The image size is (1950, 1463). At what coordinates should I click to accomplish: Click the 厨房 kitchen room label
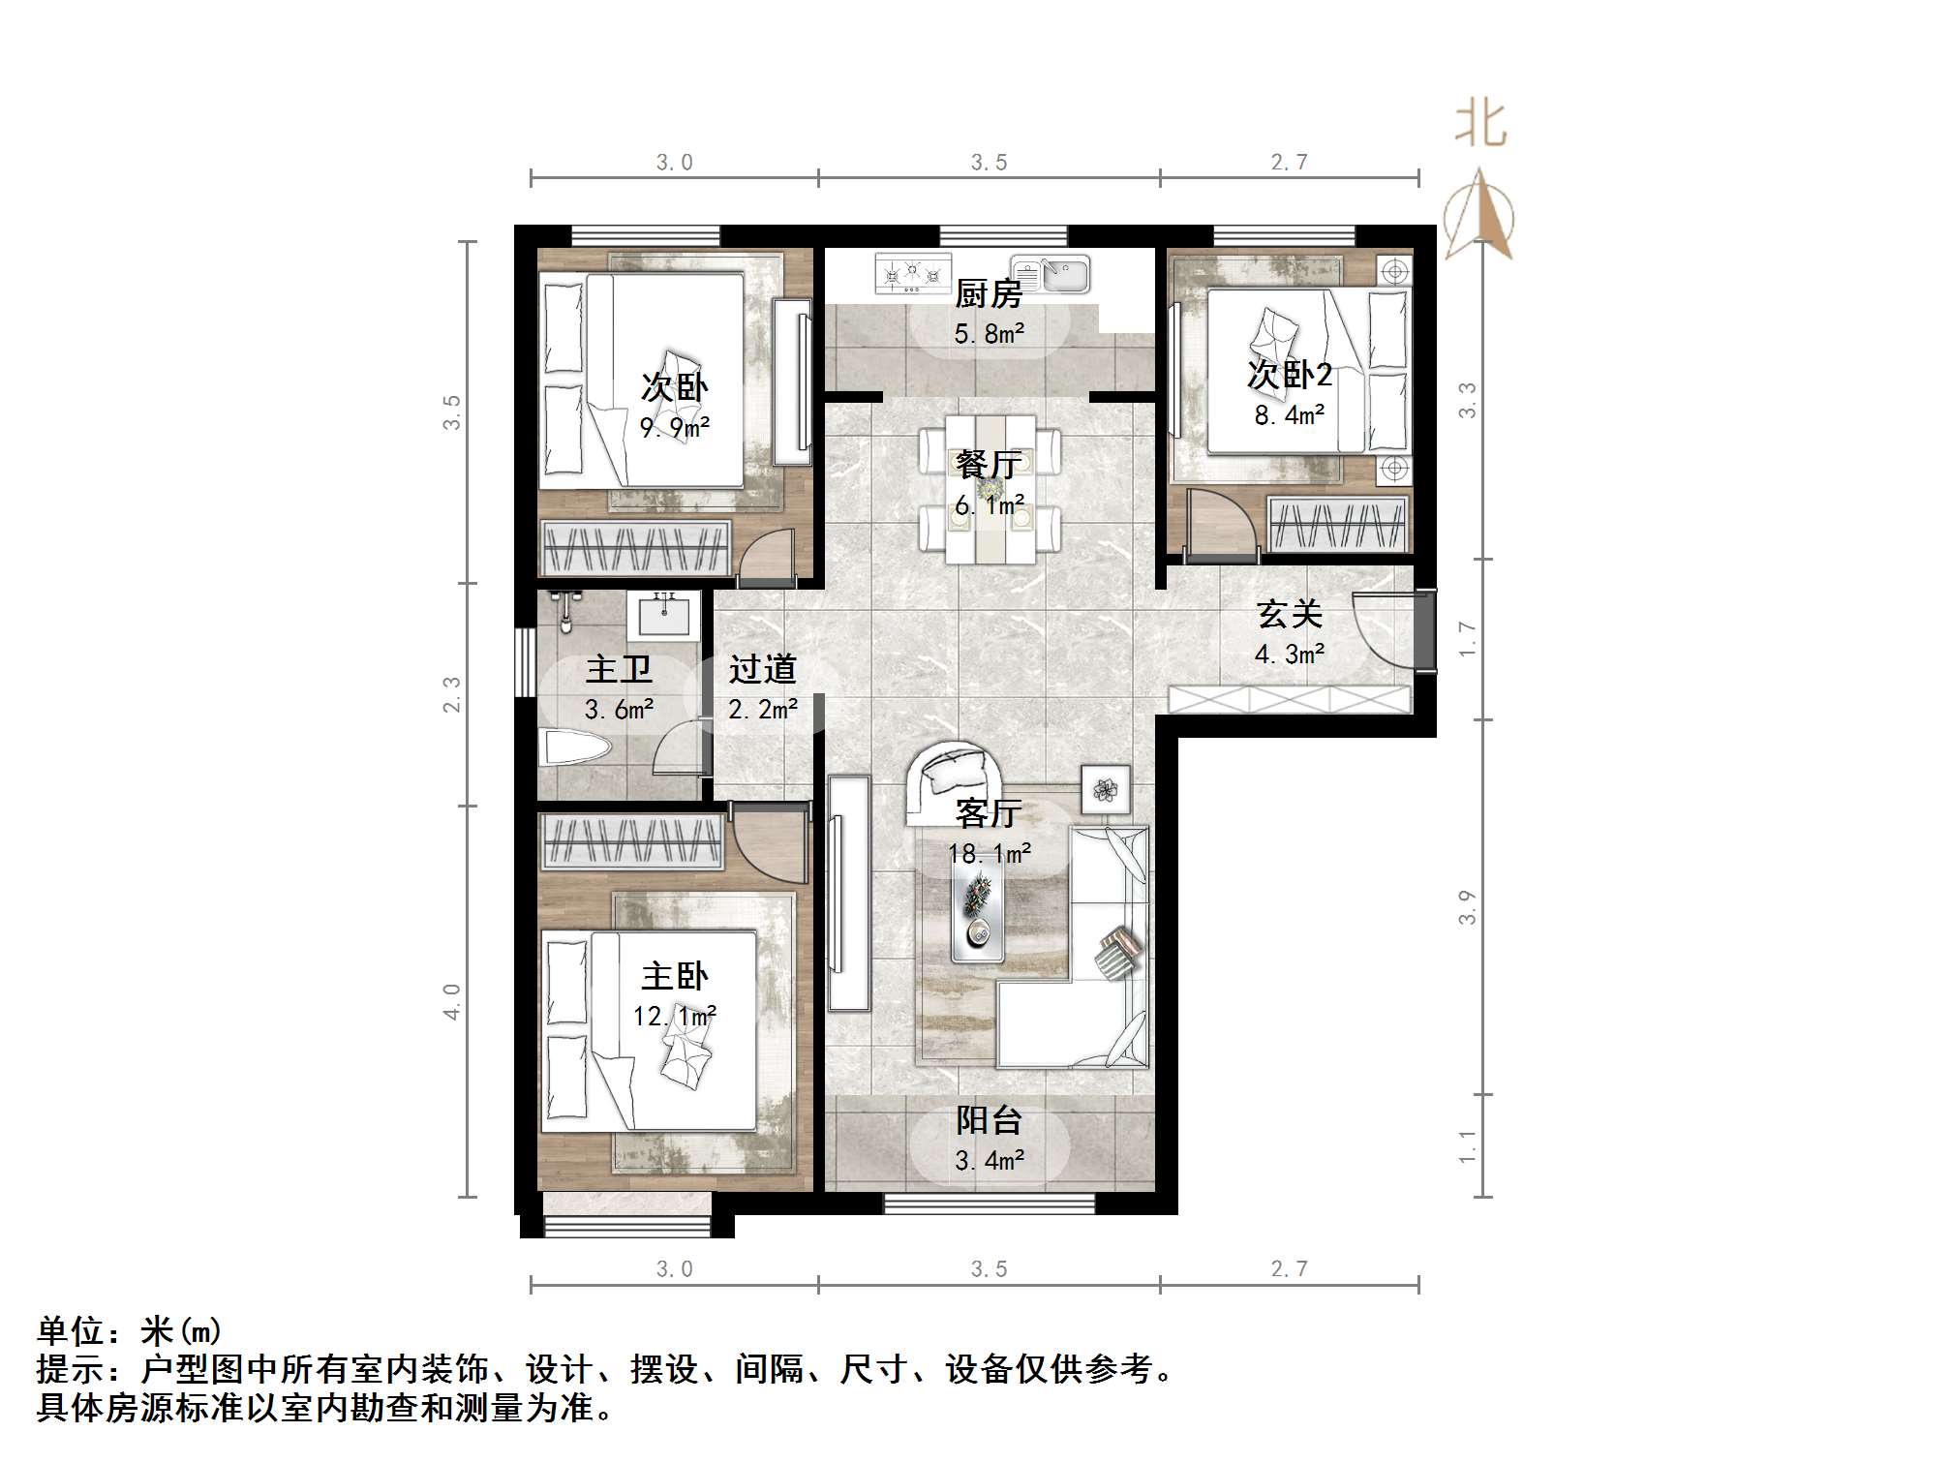pos(988,293)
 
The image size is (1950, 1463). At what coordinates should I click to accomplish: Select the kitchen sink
pos(1051,273)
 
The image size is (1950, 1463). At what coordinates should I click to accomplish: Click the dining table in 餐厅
pos(990,489)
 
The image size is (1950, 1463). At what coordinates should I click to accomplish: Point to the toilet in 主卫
pos(576,747)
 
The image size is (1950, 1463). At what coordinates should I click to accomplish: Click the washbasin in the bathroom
pos(663,616)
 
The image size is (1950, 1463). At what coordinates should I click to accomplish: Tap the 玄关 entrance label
pos(1289,614)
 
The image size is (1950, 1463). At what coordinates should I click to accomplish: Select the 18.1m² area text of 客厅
pos(989,853)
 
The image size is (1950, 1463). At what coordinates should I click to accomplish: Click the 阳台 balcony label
pos(989,1120)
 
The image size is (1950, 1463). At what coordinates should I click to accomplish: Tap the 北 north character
pos(1480,125)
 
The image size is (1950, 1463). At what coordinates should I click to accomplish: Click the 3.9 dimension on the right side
pos(1467,907)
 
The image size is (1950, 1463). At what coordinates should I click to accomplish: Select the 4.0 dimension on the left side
pos(452,1001)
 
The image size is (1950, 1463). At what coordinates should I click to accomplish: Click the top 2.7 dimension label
pos(1289,163)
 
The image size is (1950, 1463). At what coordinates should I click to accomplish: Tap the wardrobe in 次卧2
pos(1338,525)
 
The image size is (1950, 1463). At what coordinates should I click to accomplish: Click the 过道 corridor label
pos(762,669)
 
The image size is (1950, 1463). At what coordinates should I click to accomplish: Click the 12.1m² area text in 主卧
pos(674,1017)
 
